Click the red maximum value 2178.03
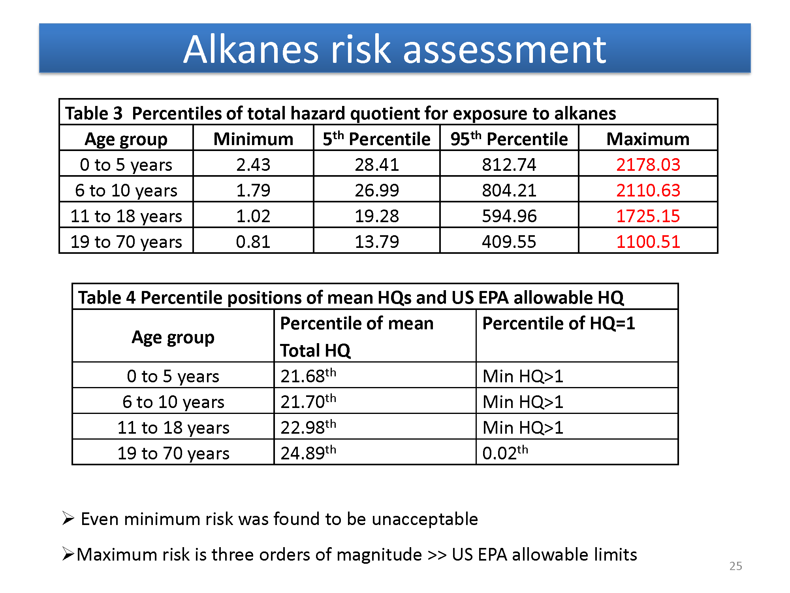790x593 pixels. [x=648, y=164]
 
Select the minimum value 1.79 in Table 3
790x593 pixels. [x=253, y=190]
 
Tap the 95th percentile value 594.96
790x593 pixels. [x=509, y=216]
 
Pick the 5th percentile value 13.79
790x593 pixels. [x=377, y=242]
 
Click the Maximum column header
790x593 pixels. [x=648, y=139]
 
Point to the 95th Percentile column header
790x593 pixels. [x=509, y=139]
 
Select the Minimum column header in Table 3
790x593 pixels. [x=253, y=139]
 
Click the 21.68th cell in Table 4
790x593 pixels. [x=308, y=376]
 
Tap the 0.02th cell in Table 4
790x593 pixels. [x=505, y=453]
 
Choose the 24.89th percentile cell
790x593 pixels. [x=308, y=453]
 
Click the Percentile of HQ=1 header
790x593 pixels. [x=559, y=323]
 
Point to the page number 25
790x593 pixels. [x=735, y=566]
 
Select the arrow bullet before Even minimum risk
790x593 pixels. [x=68, y=518]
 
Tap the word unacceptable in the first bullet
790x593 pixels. [x=425, y=519]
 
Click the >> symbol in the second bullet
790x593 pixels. [x=437, y=555]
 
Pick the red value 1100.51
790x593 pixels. [x=648, y=242]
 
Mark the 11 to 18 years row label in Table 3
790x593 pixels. [x=126, y=216]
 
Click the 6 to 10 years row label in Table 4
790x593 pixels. [x=173, y=402]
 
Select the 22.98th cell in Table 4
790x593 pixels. [x=308, y=427]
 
